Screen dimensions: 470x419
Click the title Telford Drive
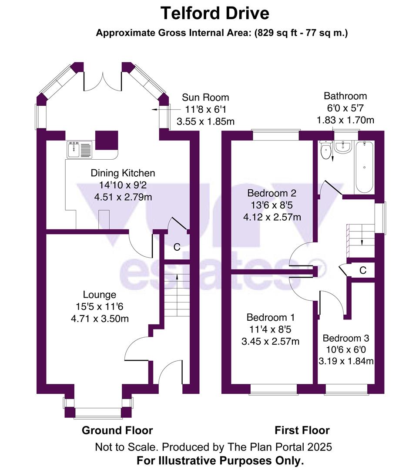[x=215, y=13]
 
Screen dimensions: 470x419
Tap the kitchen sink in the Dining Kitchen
[x=79, y=149]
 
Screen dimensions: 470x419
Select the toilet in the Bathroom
[x=325, y=151]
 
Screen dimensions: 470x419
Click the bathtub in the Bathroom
[x=364, y=167]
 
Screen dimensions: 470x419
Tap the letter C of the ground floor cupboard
[x=177, y=247]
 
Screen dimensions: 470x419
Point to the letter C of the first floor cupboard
[x=362, y=270]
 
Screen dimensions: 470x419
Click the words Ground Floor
[x=117, y=430]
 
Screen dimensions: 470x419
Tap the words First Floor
[x=302, y=430]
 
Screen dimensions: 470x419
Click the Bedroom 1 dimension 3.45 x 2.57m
[x=270, y=341]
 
